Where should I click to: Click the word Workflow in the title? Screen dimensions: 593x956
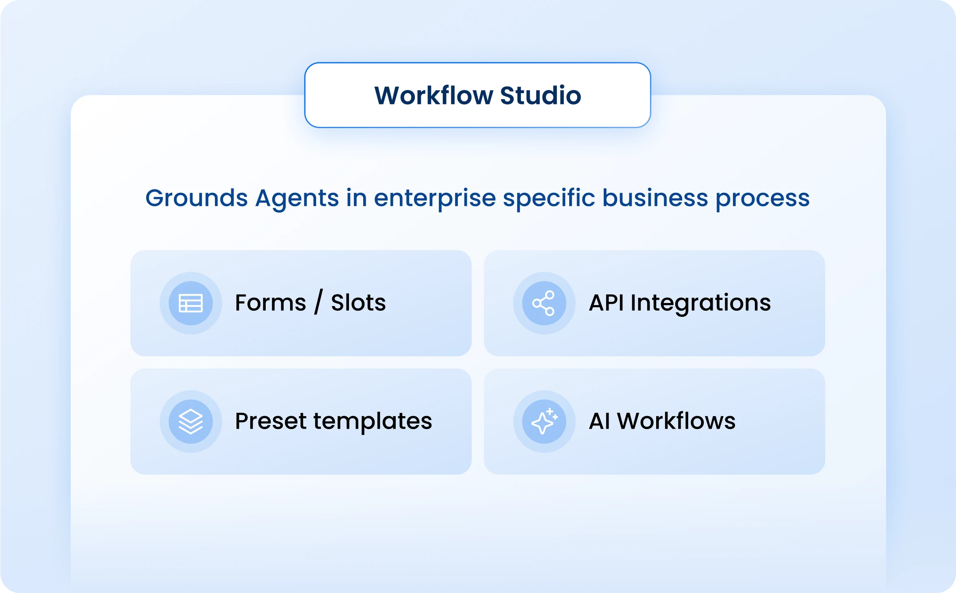[x=434, y=96]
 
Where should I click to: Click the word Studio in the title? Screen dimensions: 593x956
[x=540, y=96]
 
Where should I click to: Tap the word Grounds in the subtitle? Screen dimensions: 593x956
[x=196, y=198]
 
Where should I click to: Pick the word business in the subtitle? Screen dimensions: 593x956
[x=655, y=198]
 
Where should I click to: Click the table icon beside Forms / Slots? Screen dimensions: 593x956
[x=191, y=303]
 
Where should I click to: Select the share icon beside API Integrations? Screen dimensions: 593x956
[x=544, y=303]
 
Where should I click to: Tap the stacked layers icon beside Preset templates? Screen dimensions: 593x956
[x=191, y=421]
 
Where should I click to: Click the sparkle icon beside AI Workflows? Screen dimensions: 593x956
[x=544, y=421]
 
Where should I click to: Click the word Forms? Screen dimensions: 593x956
[x=270, y=303]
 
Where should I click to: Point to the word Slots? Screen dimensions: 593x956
[x=358, y=303]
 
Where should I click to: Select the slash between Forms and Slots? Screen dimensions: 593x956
[x=319, y=302]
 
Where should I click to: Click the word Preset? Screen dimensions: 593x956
[x=270, y=421]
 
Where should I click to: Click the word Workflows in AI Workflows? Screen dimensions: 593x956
[x=676, y=421]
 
